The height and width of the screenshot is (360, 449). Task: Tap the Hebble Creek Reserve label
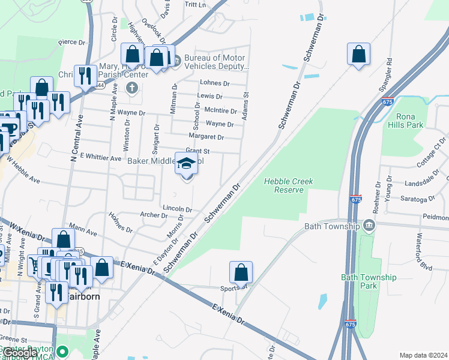289,185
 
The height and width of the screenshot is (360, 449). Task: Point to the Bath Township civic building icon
369,226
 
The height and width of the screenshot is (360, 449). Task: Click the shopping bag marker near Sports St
241,272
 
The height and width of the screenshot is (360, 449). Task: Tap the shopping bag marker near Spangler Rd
358,54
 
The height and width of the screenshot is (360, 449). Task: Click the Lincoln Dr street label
177,209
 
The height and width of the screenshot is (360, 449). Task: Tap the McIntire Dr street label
221,111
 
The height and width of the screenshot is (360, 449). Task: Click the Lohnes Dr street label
215,83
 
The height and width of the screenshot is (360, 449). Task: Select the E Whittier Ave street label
97,158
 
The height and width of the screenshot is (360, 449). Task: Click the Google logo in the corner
20,353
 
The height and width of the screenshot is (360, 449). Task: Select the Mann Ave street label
83,230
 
